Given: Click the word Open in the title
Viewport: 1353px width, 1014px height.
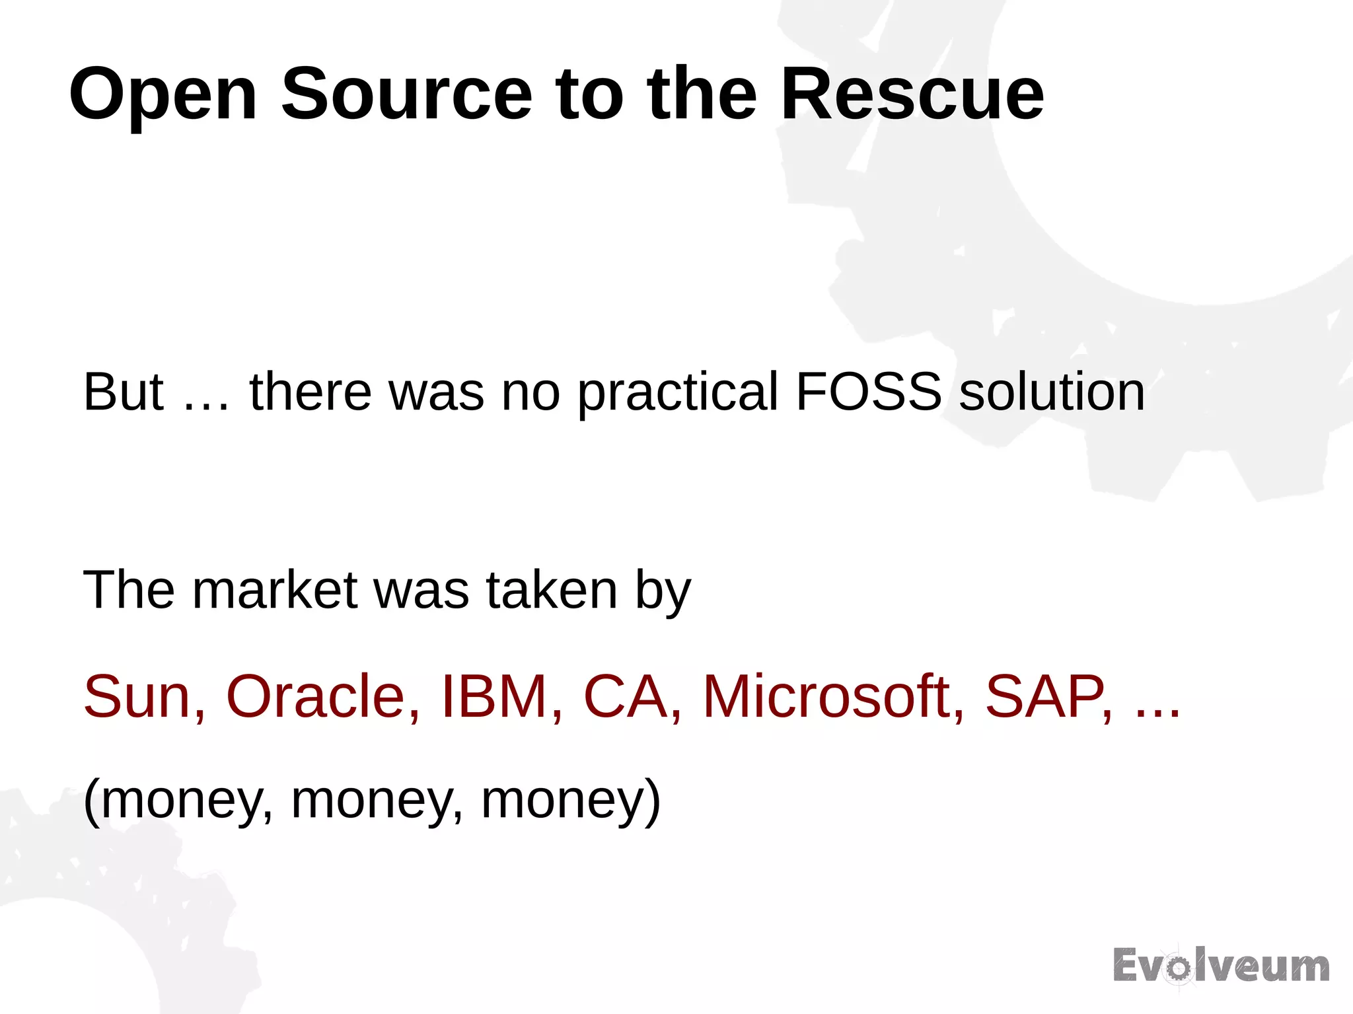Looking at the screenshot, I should tap(163, 94).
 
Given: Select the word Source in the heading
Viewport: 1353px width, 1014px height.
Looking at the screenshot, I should tap(406, 94).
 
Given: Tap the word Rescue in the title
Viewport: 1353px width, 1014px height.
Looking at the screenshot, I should tap(912, 94).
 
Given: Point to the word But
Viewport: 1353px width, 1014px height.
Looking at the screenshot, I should tap(123, 392).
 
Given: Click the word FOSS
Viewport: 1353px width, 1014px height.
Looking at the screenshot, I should tap(868, 392).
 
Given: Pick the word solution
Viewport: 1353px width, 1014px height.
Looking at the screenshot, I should tap(1052, 392).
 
